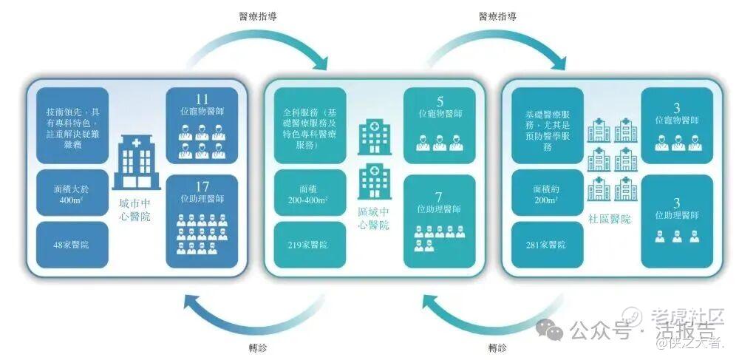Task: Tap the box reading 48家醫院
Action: point(72,245)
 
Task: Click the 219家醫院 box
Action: point(310,245)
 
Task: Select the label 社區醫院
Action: point(610,220)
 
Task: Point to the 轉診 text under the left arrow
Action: point(259,347)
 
